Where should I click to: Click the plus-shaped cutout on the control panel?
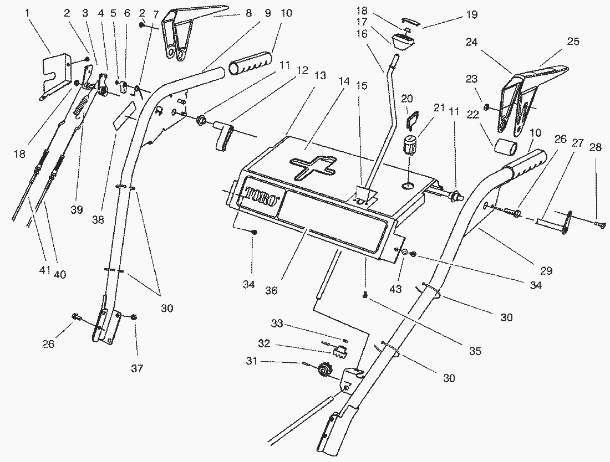click(314, 167)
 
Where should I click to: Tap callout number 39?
click(77, 209)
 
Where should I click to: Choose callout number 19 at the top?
click(471, 15)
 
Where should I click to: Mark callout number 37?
click(137, 368)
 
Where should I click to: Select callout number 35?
click(475, 351)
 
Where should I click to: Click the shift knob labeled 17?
click(403, 42)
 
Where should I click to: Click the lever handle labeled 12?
click(225, 136)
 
